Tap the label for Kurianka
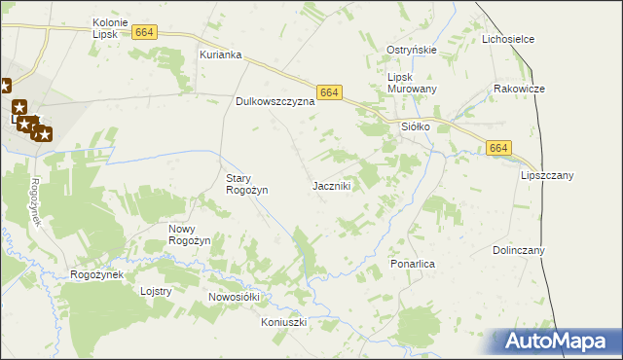point(220,55)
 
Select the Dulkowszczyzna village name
point(275,100)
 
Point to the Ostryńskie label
point(412,50)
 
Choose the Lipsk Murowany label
point(412,83)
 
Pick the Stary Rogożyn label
point(246,184)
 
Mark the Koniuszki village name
point(284,321)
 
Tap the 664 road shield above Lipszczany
point(498,147)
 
